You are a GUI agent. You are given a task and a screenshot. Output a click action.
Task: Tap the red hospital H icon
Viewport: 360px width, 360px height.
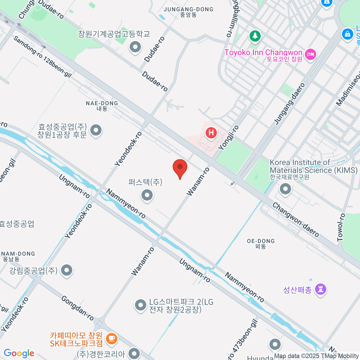[211, 133]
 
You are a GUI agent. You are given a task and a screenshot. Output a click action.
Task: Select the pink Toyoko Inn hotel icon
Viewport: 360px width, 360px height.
[310, 54]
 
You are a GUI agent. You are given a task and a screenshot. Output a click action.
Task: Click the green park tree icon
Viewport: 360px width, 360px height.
[255, 36]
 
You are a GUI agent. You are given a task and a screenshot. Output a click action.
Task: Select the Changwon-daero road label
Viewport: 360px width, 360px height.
[295, 220]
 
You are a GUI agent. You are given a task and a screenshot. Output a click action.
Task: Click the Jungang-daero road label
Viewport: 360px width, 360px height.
[289, 103]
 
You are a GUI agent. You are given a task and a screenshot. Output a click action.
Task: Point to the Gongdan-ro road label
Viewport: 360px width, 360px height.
[77, 308]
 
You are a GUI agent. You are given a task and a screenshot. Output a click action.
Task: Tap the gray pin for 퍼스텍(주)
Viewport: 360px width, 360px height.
[147, 195]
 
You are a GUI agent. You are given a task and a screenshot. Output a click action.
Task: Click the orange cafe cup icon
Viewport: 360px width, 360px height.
[112, 338]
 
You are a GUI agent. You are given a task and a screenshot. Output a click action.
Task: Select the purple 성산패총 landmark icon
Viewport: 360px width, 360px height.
[320, 289]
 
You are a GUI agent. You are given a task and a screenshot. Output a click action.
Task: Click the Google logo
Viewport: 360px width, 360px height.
[19, 353]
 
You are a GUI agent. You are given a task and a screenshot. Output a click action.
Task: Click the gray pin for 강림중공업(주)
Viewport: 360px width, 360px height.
[67, 270]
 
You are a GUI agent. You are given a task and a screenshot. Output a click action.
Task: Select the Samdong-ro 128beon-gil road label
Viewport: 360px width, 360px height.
[42, 57]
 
